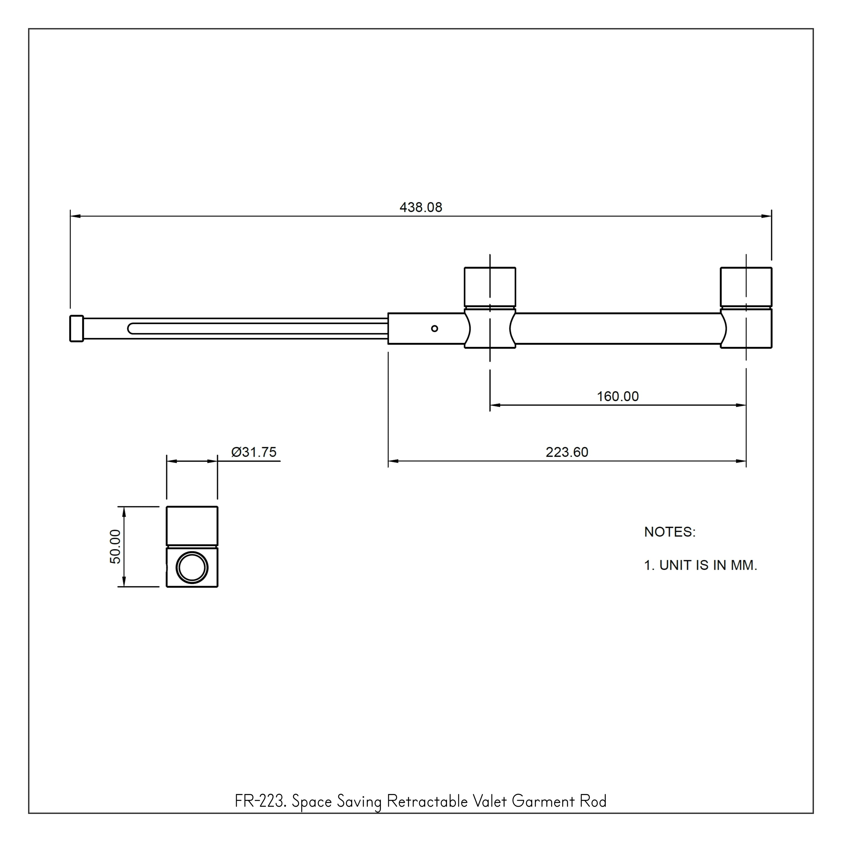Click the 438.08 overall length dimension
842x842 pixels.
coord(420,207)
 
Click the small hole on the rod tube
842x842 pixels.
coord(434,329)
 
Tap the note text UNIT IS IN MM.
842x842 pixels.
coord(708,565)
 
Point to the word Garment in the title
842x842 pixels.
coord(543,813)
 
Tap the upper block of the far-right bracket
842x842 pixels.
coord(746,287)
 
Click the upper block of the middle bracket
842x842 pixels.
coord(490,287)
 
